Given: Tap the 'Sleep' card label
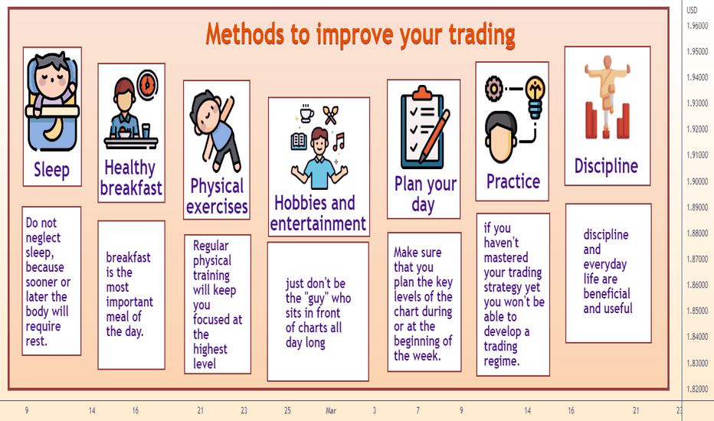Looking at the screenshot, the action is (x=52, y=170).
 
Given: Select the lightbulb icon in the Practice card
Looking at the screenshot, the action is (x=535, y=96).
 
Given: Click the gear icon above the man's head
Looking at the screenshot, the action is (x=493, y=88).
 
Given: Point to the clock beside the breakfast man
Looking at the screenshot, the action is (x=147, y=85).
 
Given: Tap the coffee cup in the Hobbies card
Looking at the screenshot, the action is (x=306, y=113).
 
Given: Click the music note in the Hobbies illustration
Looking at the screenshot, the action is (x=339, y=142).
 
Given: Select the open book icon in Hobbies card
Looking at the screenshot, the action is (x=299, y=141).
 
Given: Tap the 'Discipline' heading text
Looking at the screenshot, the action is (x=606, y=165).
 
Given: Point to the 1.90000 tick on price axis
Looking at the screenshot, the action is (x=697, y=181).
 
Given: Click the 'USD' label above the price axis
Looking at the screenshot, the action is (x=692, y=10).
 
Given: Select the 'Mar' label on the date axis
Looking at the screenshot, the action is (x=331, y=410).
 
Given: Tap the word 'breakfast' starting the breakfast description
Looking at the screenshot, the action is (x=128, y=257).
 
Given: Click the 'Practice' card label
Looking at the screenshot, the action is (x=513, y=181).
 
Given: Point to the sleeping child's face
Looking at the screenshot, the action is (x=53, y=77).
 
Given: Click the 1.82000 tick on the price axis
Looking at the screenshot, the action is (x=697, y=389).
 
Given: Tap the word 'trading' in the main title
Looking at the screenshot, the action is (x=482, y=34).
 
